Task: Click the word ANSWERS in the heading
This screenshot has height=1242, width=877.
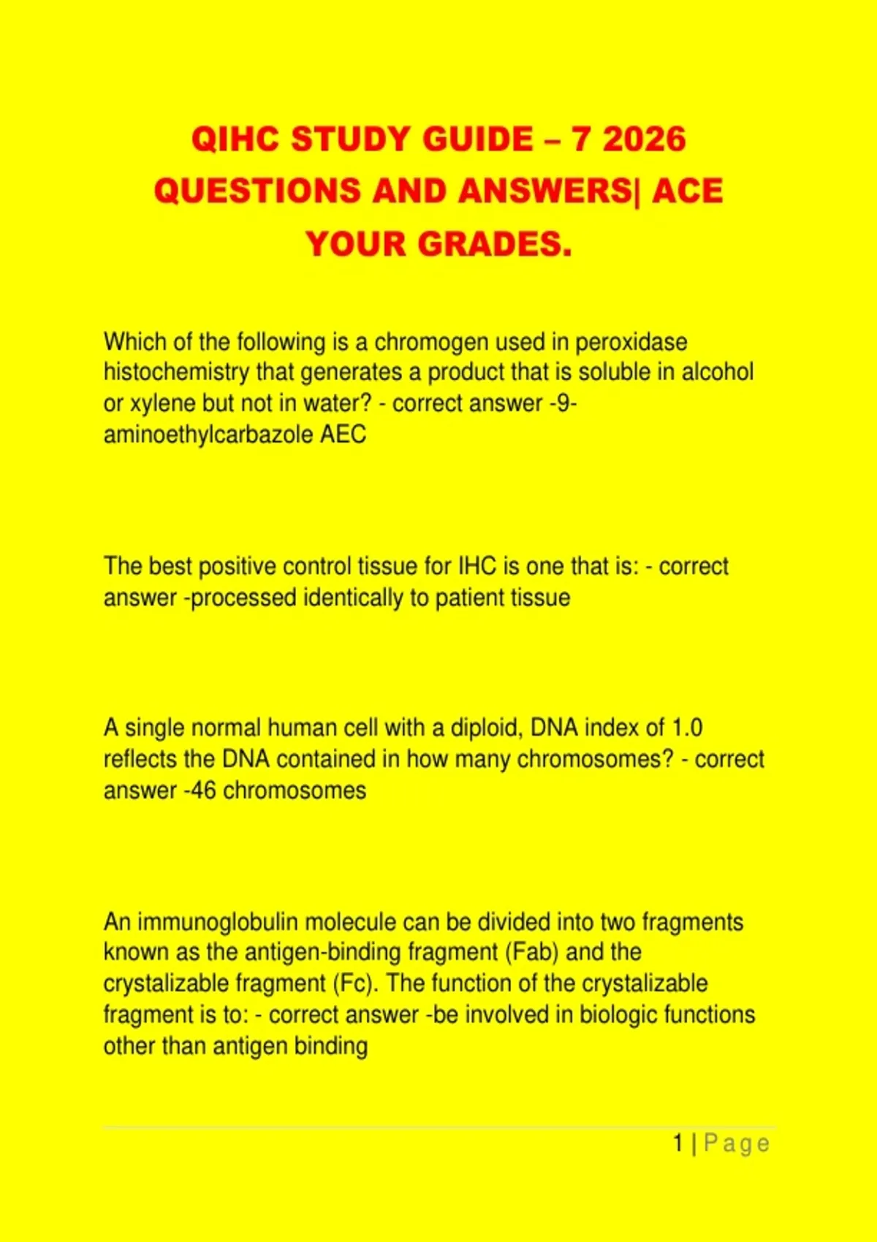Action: coord(544,191)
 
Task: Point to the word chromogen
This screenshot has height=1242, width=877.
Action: coord(431,342)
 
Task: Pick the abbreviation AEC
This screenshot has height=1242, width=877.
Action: coord(343,435)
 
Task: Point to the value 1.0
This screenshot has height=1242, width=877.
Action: coord(686,728)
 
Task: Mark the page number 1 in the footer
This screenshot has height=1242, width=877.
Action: coord(678,1143)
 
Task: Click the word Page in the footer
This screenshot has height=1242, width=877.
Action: coord(737,1144)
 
